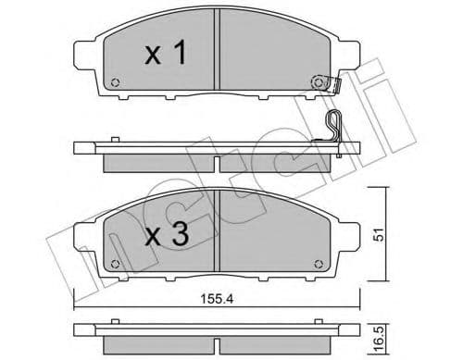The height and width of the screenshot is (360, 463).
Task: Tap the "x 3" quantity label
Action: (167, 235)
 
